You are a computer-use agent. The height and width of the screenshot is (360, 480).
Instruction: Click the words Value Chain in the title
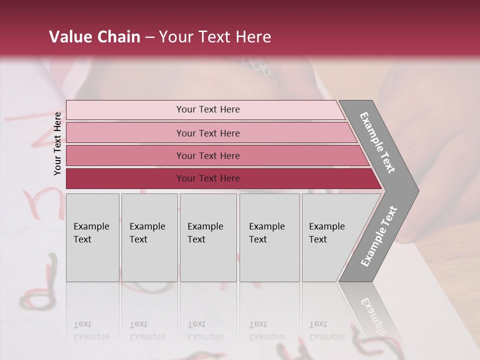click(x=94, y=37)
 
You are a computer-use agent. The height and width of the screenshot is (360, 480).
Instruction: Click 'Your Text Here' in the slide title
click(x=215, y=37)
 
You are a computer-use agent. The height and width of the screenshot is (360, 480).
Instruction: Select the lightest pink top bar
click(x=125, y=110)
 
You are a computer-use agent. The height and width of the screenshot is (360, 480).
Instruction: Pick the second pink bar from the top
click(x=125, y=133)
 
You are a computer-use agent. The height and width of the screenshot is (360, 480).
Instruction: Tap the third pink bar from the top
click(x=125, y=155)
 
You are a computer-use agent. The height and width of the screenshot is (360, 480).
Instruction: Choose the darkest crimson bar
click(x=125, y=178)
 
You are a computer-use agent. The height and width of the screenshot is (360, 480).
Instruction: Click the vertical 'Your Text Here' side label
click(x=57, y=143)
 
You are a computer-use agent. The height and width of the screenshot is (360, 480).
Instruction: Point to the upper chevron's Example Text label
click(x=377, y=142)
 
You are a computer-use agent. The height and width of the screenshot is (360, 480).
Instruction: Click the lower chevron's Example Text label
click(x=378, y=236)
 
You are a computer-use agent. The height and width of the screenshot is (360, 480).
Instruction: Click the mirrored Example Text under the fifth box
click(x=326, y=330)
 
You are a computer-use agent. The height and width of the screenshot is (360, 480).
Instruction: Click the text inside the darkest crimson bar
click(x=208, y=178)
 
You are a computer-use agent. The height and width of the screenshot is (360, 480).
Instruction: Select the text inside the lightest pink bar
click(x=208, y=109)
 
